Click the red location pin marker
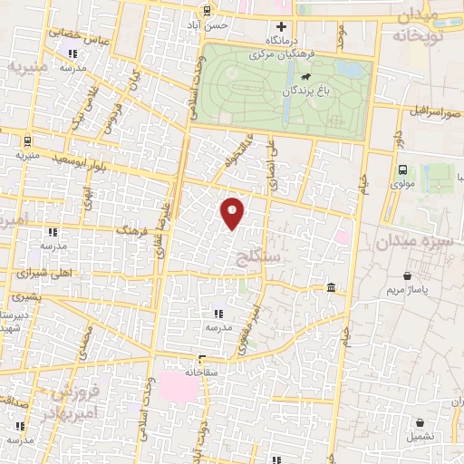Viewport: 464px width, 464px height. (232, 212)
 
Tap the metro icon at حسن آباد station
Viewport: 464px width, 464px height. (208, 11)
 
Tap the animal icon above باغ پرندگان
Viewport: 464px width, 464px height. (307, 78)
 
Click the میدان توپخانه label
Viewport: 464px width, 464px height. (418, 26)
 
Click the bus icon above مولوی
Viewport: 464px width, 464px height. (401, 169)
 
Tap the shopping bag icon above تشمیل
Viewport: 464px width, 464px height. (420, 422)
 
